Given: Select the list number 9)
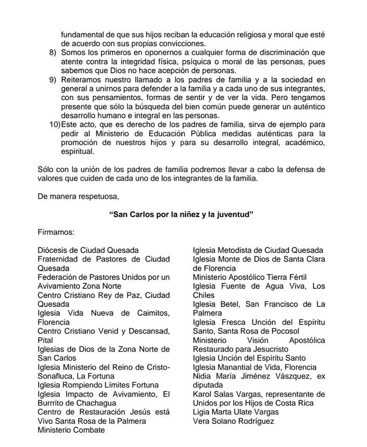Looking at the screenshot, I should coord(53,80).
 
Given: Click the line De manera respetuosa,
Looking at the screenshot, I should coord(78,196).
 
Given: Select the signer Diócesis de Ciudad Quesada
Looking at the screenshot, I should coord(88,251).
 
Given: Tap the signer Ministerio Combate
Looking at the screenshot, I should coord(71,430).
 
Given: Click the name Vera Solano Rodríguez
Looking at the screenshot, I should coord(234,421).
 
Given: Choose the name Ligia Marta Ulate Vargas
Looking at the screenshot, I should coord(236,412).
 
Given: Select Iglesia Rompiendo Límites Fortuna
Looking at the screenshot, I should coord(98,385).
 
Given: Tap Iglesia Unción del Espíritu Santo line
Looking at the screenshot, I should coord(249,358).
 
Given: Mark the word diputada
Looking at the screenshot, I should coord(208,385).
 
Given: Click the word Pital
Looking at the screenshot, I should coord(45,340).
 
